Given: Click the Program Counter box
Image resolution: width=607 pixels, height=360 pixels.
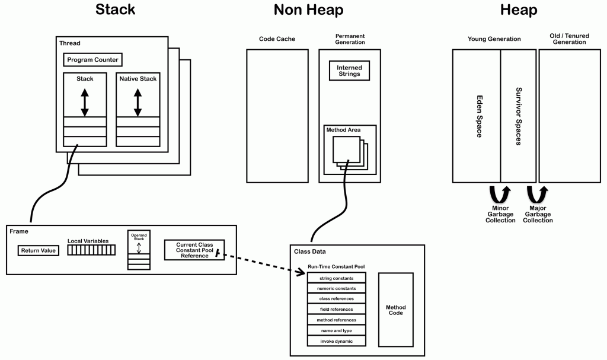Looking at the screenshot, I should (x=92, y=60).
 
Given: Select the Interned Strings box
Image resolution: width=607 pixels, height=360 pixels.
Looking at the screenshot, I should (x=349, y=71).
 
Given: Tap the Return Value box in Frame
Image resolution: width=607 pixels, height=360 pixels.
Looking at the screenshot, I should (x=39, y=250).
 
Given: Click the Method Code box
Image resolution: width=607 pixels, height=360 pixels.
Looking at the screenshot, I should (x=395, y=310).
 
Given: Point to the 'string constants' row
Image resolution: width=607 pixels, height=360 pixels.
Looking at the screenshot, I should (x=336, y=278).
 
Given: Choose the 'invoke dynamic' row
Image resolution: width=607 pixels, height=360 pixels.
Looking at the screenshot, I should (x=336, y=341).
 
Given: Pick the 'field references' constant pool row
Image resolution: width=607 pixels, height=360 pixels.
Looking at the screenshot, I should (x=336, y=310).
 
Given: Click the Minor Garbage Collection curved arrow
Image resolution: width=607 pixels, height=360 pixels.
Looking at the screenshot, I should (x=497, y=194).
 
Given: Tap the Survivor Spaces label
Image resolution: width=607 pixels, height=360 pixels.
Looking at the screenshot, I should (x=518, y=116).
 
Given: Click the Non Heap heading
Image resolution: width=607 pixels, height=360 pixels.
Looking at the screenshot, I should (x=308, y=10).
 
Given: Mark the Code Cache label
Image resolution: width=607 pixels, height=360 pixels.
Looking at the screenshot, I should (x=277, y=39).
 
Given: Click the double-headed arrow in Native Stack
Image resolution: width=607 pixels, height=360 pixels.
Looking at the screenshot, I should (x=138, y=102).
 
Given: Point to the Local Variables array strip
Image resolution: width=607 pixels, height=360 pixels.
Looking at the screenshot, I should (x=91, y=250).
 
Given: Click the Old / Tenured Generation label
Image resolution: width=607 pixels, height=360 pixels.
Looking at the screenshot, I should (x=569, y=39).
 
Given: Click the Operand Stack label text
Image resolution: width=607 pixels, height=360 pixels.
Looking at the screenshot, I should (x=139, y=237).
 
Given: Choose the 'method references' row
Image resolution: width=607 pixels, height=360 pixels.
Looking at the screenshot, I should (x=336, y=320).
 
